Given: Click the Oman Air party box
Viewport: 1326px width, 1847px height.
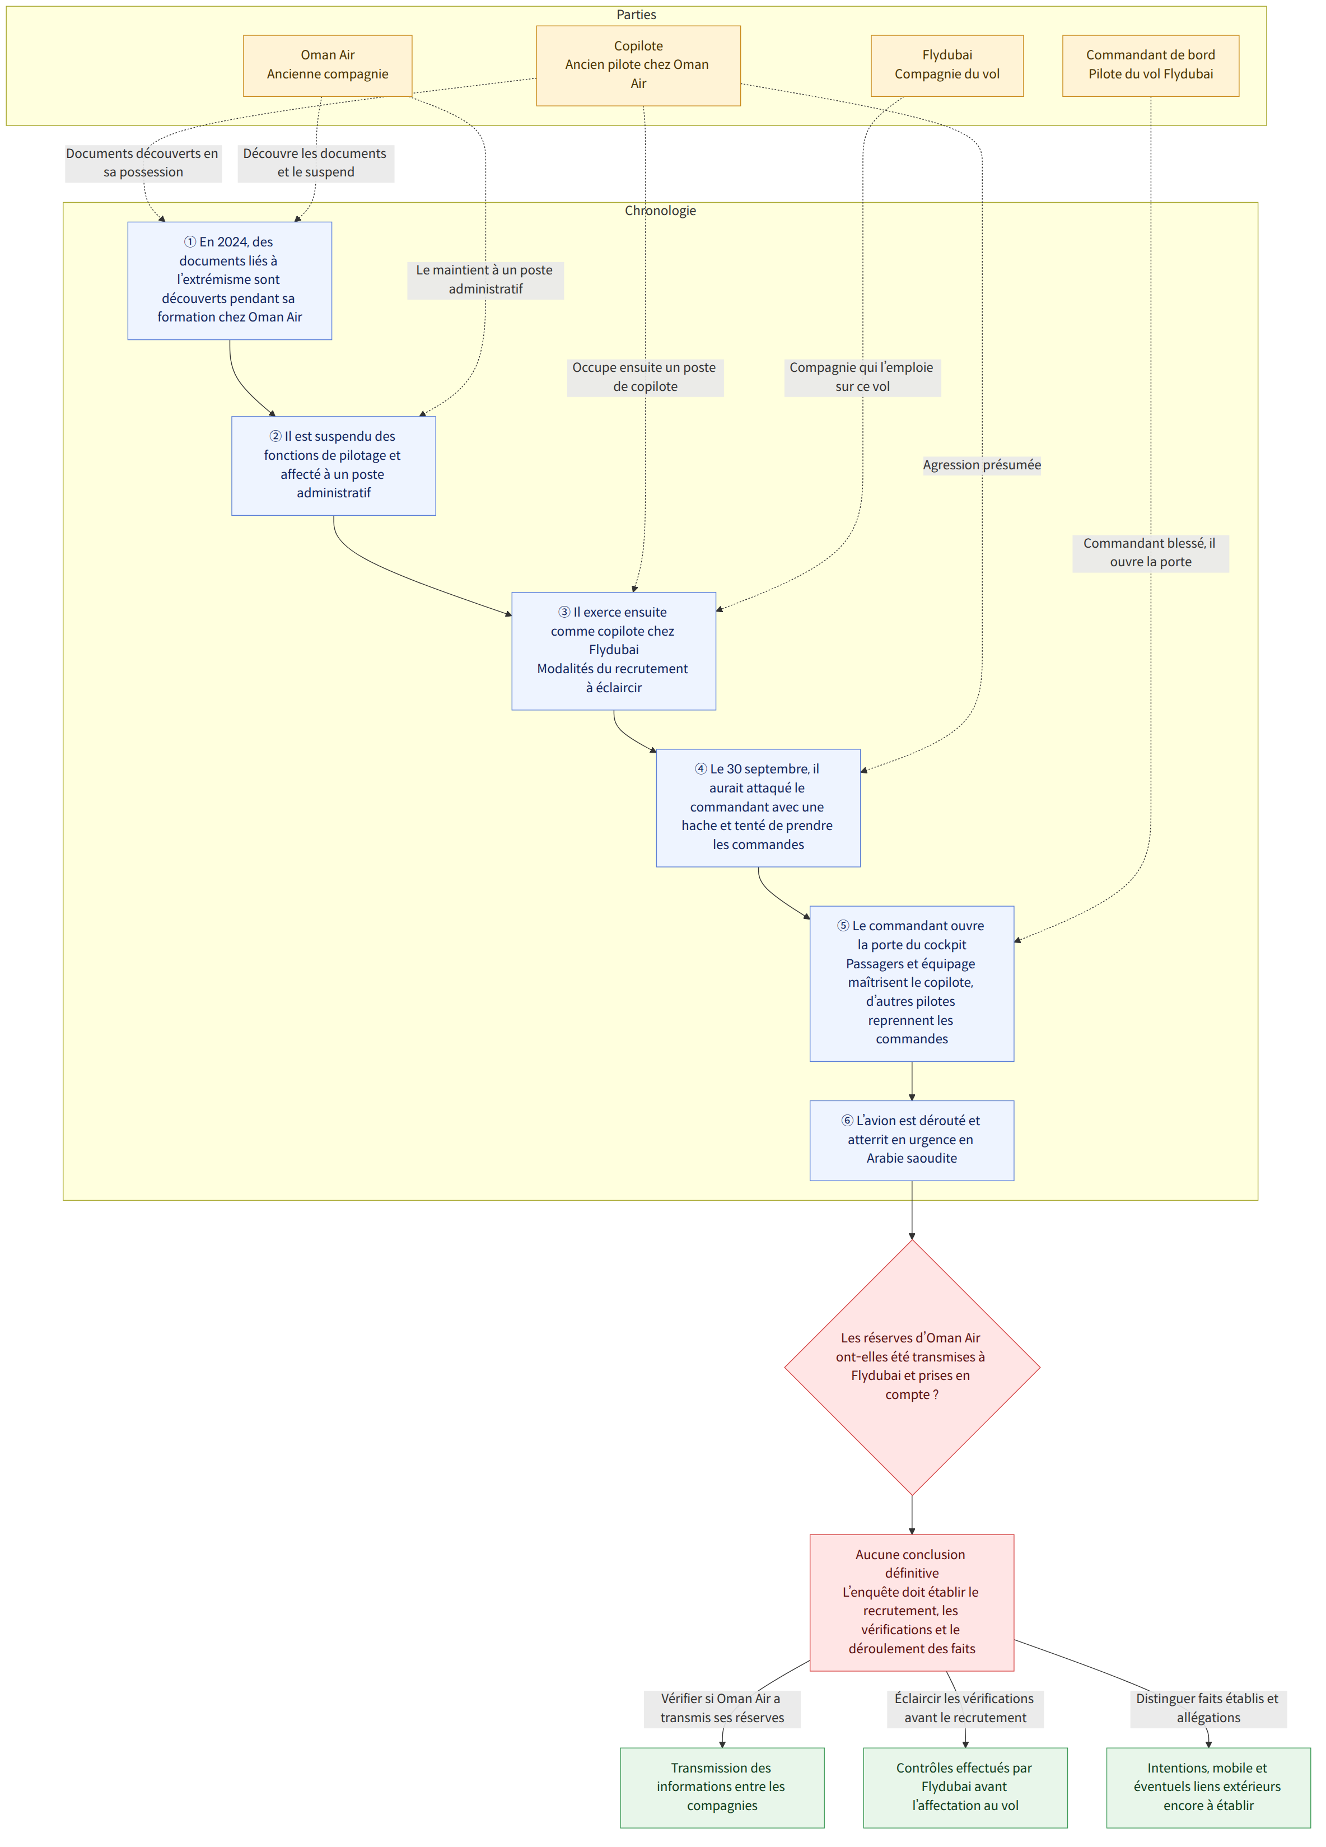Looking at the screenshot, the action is coord(328,65).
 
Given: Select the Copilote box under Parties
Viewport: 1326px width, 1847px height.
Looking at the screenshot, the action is coord(638,65).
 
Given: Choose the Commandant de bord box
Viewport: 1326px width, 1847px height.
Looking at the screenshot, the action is coord(1150,65).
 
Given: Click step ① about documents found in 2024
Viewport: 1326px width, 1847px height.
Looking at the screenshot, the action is coord(230,280).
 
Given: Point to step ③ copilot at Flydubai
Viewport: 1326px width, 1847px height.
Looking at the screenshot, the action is coord(613,651).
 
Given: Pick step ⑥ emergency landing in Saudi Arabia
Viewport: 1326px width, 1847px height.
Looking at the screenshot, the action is coord(912,1140).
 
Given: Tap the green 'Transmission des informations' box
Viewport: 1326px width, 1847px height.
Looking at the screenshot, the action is coord(722,1788).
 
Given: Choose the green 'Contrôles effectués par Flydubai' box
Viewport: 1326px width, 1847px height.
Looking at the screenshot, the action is coord(965,1788).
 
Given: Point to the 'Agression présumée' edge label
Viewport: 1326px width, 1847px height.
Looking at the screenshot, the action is coord(982,465).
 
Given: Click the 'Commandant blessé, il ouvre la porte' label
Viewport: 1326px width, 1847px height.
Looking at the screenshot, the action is coord(1150,553).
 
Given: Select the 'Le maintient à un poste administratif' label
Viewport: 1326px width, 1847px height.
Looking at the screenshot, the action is coord(485,279).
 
